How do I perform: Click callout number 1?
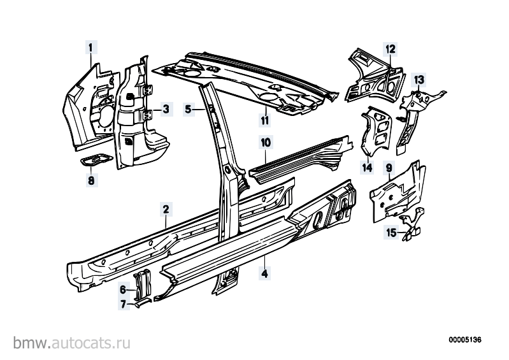coord(91,48)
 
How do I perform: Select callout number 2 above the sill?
coord(166,210)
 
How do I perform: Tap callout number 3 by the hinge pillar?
coord(166,109)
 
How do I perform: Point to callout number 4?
coord(265,273)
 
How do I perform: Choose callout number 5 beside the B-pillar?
coord(189,109)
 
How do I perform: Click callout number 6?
coord(123,289)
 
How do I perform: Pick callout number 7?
coord(123,304)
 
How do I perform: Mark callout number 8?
coord(91,180)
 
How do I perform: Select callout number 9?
coord(389,168)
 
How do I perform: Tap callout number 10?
coord(266,142)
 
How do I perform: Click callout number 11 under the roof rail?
coord(265,120)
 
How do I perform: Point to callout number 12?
coord(391,49)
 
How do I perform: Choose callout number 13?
coord(419,79)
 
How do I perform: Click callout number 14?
coord(367,168)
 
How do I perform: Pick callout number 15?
coord(392,233)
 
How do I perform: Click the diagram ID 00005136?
coord(465,340)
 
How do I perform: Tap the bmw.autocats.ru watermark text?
coord(72,342)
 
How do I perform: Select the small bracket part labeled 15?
coord(412,224)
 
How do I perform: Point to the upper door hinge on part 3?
coord(148,90)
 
